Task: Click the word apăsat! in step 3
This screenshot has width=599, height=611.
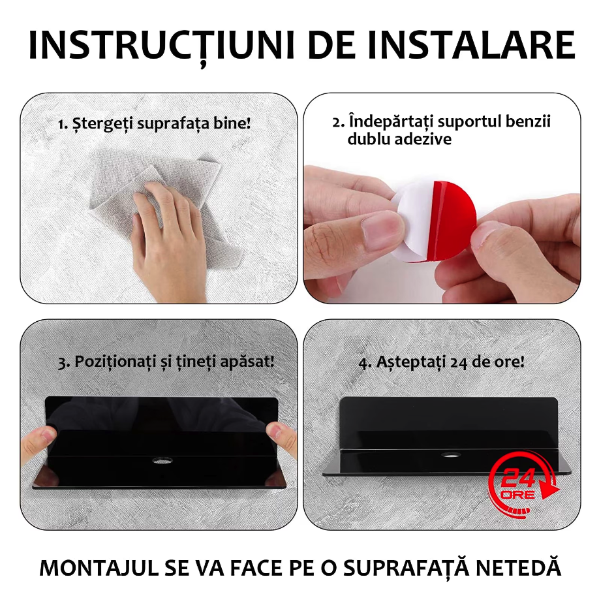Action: tap(247, 362)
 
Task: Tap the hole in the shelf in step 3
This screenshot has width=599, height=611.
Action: tap(162, 460)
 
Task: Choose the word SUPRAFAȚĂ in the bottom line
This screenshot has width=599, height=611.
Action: tap(406, 568)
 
